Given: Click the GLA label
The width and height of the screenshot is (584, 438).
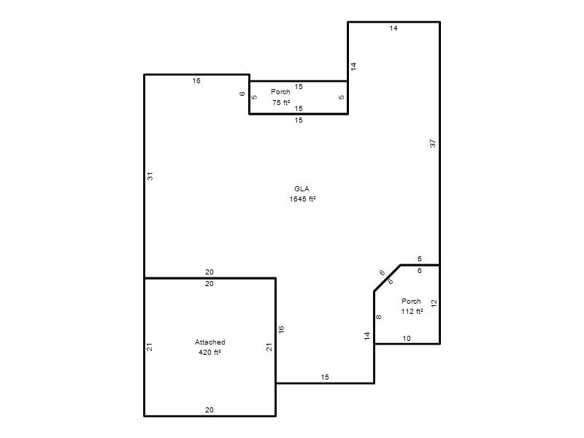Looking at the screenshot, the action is (x=301, y=189).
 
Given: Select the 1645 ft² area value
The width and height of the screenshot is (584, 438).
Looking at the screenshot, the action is (x=302, y=199).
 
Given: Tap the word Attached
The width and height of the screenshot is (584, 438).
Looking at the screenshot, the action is (x=210, y=342).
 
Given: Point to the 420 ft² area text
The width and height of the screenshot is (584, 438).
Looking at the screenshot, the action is (x=210, y=352).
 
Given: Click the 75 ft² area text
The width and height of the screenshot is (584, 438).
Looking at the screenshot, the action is (x=281, y=102).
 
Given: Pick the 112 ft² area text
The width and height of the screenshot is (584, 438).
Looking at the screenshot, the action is (x=412, y=312).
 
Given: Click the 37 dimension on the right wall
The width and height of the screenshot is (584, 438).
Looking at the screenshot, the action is (x=432, y=143).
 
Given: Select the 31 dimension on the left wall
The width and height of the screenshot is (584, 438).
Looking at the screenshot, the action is (x=150, y=176).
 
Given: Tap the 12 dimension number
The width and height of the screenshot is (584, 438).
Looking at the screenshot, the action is (x=434, y=303).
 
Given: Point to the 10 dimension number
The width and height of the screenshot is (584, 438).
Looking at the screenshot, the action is (x=407, y=338).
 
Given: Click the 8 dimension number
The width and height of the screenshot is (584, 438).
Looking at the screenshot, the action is (x=378, y=317).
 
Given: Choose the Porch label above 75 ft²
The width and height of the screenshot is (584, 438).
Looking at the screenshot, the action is (x=280, y=92).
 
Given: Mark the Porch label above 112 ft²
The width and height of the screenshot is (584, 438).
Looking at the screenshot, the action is (x=411, y=301).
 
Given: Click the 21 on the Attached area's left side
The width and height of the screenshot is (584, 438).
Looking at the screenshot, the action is (x=150, y=347).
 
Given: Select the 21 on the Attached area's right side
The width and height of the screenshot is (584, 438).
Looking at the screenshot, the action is (x=269, y=347).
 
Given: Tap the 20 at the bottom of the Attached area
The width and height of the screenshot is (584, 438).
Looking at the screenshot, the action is (x=210, y=410).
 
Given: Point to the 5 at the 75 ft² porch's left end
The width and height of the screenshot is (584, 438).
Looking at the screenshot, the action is (x=254, y=97).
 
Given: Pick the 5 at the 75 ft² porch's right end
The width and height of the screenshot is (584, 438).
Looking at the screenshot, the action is (x=341, y=97).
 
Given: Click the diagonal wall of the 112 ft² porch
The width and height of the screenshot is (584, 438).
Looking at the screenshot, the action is (x=388, y=278).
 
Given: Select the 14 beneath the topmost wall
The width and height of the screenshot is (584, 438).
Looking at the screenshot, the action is (x=393, y=28).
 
